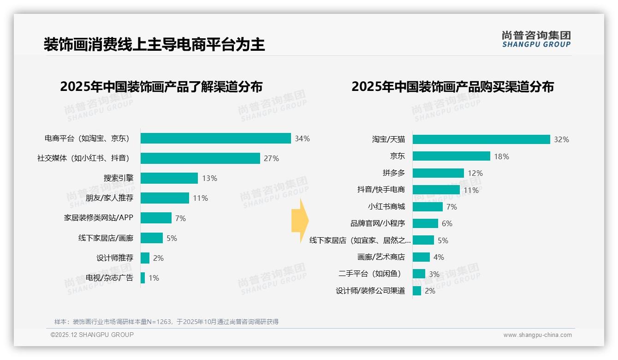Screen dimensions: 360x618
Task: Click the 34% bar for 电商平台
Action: [215, 138]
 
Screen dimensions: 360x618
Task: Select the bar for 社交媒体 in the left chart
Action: [200, 158]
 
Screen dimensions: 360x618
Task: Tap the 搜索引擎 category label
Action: [118, 178]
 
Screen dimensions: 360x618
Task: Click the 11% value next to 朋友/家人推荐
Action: [200, 198]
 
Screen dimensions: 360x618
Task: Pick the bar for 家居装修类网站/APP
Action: [156, 218]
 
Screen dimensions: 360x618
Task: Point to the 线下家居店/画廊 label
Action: [106, 238]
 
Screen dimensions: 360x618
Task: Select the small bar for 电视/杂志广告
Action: [143, 278]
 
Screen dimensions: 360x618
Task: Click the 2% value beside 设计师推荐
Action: [158, 258]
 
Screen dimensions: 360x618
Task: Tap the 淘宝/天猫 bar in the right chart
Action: [481, 139]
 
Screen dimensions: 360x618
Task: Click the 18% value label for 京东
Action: [501, 156]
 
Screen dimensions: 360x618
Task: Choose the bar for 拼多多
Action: [438, 173]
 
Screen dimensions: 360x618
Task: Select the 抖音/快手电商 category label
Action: [381, 190]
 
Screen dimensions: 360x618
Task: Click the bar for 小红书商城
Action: [428, 207]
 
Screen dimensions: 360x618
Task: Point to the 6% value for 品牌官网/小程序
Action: [447, 223]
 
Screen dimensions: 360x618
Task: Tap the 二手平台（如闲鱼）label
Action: [370, 274]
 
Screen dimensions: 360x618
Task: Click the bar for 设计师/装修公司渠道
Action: [417, 291]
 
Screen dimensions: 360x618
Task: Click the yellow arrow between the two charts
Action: [300, 221]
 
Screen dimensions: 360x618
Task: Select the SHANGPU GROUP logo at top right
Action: [536, 39]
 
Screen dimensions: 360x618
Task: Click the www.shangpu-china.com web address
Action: [537, 335]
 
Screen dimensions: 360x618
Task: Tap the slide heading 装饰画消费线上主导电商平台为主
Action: [154, 45]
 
